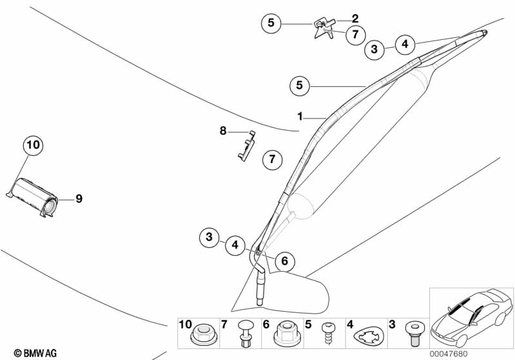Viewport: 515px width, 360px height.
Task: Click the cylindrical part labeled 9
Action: pos(33,197)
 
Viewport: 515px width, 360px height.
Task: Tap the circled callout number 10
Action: pos(33,145)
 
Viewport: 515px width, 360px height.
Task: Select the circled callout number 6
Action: pos(285,261)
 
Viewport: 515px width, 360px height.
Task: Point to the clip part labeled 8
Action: pos(247,146)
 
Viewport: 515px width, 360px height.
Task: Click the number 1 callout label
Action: pos(300,116)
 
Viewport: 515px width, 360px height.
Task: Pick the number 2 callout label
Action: pos(355,19)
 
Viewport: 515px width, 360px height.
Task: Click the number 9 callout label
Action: pos(79,198)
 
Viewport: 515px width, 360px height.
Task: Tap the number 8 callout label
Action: pos(223,131)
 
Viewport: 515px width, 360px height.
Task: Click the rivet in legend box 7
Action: pos(245,333)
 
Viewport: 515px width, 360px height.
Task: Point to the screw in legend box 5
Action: pos(328,333)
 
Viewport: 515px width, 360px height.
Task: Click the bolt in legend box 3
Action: pos(413,334)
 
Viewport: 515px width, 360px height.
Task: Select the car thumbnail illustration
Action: pos(472,317)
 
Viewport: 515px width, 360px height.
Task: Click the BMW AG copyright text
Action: pos(35,353)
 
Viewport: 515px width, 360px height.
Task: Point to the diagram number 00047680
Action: pos(449,354)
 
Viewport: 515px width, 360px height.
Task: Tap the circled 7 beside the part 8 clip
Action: pos(272,160)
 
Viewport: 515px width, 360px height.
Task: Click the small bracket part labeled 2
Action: pos(324,29)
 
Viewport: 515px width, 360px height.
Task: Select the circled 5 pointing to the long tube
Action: pos(300,85)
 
